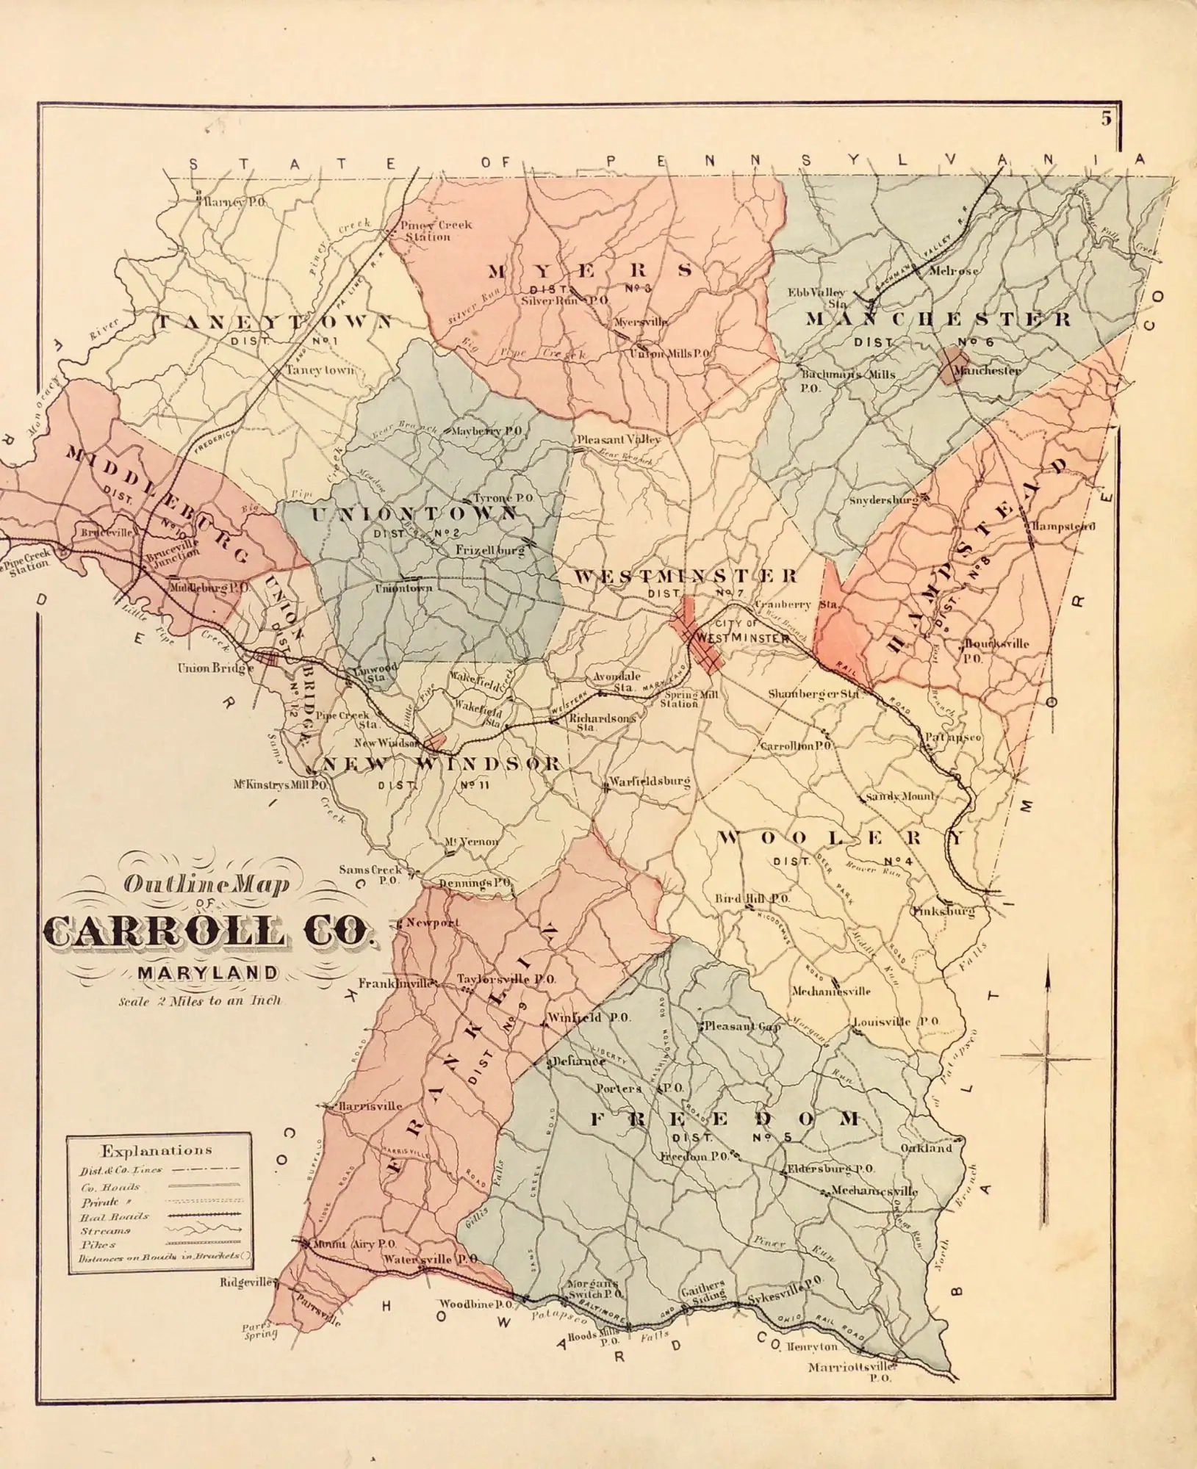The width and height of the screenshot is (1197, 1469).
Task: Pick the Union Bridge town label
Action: (215, 668)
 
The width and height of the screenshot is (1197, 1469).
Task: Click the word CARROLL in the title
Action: (167, 933)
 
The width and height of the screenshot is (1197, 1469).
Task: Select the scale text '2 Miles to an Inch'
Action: (199, 1000)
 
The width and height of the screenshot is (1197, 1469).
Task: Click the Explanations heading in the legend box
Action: (157, 1151)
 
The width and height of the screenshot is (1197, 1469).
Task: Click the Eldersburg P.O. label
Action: (830, 1168)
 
